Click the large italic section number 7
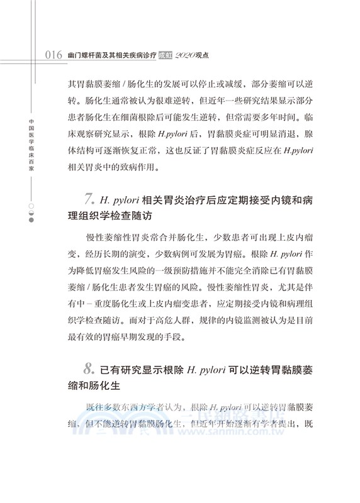89,200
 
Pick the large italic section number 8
89,367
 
